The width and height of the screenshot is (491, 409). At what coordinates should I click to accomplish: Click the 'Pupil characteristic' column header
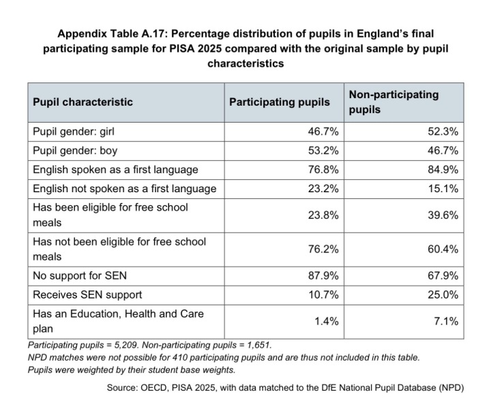83,102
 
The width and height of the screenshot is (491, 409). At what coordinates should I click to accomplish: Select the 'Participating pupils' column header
280,102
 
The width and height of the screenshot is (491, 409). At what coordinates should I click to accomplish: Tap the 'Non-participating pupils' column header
393,102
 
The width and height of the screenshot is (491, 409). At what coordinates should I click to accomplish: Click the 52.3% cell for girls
443,132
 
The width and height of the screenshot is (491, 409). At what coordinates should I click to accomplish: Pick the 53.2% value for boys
323,151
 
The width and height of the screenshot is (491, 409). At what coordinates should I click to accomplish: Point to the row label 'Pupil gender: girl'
74,132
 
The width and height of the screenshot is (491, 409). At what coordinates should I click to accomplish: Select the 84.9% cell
443,170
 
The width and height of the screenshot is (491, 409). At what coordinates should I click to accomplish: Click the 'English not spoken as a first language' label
125,189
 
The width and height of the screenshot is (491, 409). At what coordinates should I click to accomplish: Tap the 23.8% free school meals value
323,215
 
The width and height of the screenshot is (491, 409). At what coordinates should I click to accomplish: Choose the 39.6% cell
443,215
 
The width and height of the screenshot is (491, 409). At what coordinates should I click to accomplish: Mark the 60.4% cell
443,249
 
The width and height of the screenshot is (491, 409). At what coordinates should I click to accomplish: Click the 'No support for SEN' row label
80,275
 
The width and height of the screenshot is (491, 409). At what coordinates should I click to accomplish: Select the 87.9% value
323,275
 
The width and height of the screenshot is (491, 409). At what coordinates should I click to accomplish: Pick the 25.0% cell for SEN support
443,294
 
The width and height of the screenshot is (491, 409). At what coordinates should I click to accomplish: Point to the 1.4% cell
326,321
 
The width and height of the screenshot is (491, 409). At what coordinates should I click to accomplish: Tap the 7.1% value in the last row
446,321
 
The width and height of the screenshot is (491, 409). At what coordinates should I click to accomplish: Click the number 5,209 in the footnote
126,345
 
